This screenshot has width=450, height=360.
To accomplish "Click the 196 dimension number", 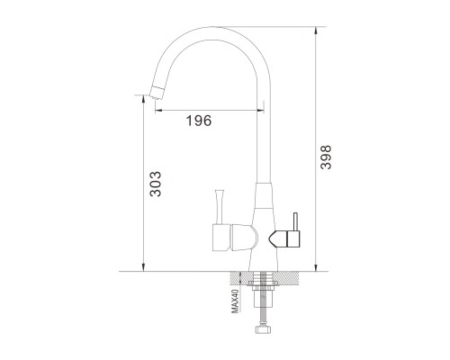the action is (199, 121).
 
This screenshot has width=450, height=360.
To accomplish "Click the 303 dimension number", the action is (156, 184).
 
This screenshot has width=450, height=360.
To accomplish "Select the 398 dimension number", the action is (326, 157).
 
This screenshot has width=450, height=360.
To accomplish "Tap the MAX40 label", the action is (235, 301).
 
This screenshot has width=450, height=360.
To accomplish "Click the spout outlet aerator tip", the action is (157, 92).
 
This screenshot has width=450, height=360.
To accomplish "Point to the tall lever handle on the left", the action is (219, 206).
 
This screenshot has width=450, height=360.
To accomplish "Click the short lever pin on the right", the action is (295, 222).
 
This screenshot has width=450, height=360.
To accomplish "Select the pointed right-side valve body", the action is (284, 239).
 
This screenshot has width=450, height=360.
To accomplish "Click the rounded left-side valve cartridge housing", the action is (244, 238).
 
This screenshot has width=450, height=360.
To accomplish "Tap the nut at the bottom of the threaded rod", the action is (264, 328).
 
